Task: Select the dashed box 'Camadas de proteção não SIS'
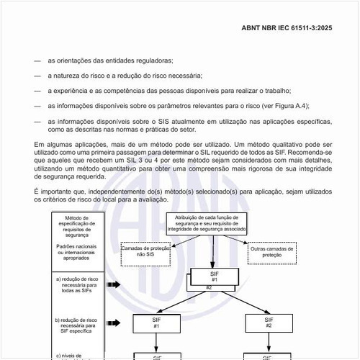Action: point(145,251)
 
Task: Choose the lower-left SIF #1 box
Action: point(156,322)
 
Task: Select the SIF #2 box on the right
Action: point(269,322)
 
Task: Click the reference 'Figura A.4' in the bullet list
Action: point(290,105)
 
